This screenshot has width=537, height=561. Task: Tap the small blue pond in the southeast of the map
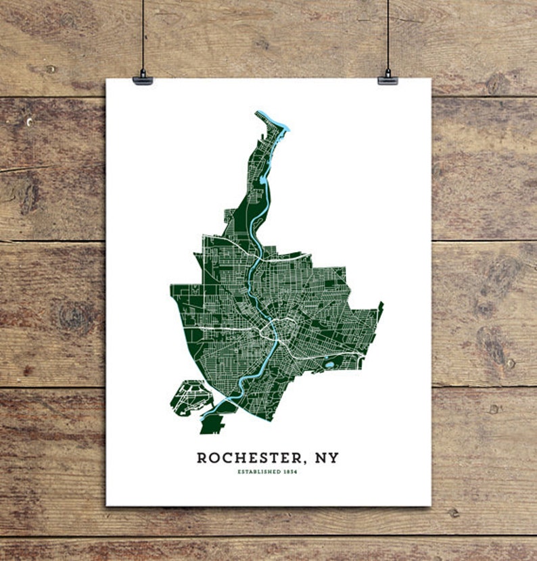click(329, 365)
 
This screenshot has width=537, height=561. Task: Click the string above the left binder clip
click(143, 34)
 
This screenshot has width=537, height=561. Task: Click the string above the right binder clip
click(388, 34)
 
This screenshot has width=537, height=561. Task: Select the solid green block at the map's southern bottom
click(211, 425)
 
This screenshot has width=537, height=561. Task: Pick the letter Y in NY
click(333, 458)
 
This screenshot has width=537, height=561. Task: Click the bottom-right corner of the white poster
click(430, 505)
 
